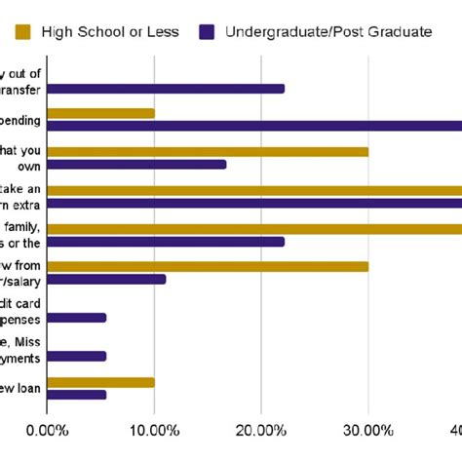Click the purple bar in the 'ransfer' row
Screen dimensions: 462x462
[x=166, y=89]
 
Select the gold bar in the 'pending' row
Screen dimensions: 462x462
[x=100, y=113]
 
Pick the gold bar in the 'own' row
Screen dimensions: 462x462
[x=208, y=151]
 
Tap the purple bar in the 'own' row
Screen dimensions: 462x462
[x=136, y=165]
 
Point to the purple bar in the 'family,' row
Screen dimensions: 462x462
[x=166, y=241]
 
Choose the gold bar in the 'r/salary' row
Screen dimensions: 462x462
[x=208, y=266]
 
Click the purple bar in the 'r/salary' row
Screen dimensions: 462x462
[x=106, y=279]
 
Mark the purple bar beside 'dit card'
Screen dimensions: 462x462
[x=77, y=318]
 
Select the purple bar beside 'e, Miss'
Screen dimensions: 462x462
[x=77, y=356]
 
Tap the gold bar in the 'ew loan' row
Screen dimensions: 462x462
[x=100, y=382]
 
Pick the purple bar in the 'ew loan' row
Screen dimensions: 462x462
[x=77, y=395]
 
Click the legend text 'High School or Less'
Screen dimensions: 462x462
[x=110, y=31]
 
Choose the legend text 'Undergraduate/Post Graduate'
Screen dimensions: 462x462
[x=328, y=31]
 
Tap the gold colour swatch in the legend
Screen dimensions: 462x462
[x=22, y=31]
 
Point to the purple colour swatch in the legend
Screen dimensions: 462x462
[x=206, y=31]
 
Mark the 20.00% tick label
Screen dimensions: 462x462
[x=260, y=430]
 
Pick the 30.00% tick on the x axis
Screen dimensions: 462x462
[x=367, y=430]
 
